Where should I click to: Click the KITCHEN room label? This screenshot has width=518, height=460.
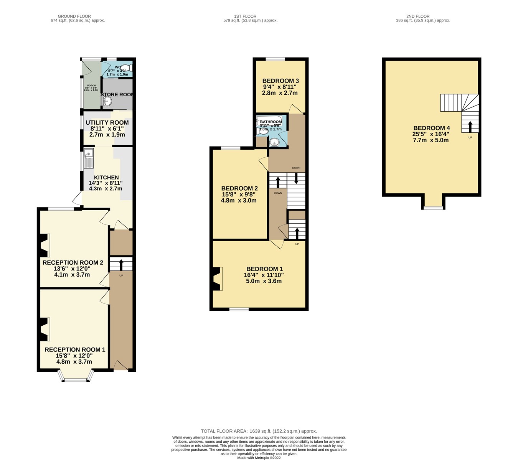pyautogui.click(x=106, y=177)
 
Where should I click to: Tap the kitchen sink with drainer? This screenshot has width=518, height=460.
pyautogui.click(x=88, y=158)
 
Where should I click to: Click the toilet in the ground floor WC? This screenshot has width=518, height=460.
pyautogui.click(x=129, y=68)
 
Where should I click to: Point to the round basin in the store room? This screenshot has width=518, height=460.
pyautogui.click(x=107, y=101)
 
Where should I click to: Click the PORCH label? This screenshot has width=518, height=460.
pyautogui.click(x=91, y=86)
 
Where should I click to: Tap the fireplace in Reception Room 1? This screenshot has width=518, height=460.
pyautogui.click(x=44, y=329)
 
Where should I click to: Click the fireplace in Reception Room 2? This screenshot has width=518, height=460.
pyautogui.click(x=44, y=246)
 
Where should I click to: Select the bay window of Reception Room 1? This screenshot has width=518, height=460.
pyautogui.click(x=76, y=377)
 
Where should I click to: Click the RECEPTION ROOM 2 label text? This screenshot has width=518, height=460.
pyautogui.click(x=73, y=263)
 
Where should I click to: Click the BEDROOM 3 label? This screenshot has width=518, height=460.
pyautogui.click(x=280, y=81)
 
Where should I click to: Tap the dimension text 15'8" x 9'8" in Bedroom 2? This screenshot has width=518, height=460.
pyautogui.click(x=239, y=195)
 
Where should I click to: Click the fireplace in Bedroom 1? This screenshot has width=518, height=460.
pyautogui.click(x=217, y=279)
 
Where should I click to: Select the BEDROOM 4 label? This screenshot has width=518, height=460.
pyautogui.click(x=431, y=128)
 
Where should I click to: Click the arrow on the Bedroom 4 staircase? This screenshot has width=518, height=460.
pyautogui.click(x=470, y=126)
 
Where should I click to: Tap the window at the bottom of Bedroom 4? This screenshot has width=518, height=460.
pyautogui.click(x=433, y=208)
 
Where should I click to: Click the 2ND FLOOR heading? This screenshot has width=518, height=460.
pyautogui.click(x=418, y=16)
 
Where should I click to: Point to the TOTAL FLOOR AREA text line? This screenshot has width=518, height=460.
pyautogui.click(x=259, y=431)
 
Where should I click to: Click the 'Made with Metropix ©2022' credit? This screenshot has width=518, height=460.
pyautogui.click(x=259, y=457)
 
